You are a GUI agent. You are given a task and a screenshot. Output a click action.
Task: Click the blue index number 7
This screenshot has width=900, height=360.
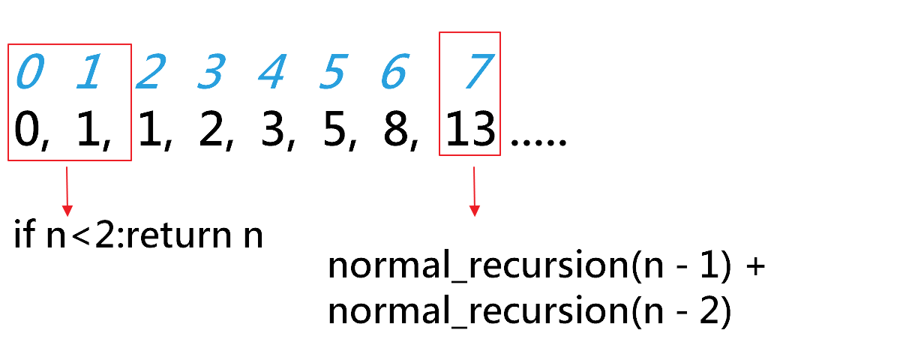(x=474, y=73)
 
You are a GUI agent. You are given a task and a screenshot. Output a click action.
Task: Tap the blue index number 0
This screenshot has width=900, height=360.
(x=31, y=73)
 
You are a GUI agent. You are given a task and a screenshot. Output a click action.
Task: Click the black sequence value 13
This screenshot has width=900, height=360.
(x=470, y=132)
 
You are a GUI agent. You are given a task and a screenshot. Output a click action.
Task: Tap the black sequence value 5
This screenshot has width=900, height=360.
(x=331, y=132)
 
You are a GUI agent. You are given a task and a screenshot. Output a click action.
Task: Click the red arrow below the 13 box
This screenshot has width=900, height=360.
(x=474, y=191)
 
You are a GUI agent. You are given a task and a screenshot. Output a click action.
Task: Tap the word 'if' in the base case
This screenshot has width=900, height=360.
(x=22, y=235)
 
